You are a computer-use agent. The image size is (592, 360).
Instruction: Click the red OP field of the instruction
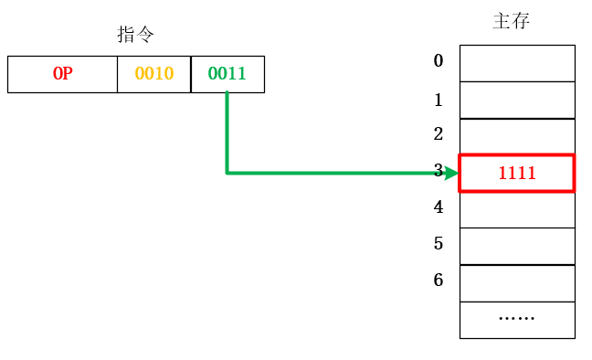click(x=62, y=74)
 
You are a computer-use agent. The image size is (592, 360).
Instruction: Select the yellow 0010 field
click(x=153, y=74)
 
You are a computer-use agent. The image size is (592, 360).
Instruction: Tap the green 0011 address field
click(x=227, y=74)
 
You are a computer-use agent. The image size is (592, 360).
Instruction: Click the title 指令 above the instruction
click(x=135, y=35)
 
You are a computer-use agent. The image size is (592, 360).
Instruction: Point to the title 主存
click(x=511, y=21)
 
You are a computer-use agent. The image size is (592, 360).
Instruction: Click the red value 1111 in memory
click(x=516, y=173)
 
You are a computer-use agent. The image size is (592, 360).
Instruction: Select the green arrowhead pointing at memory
click(x=449, y=173)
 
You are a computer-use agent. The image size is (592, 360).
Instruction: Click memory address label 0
click(x=439, y=61)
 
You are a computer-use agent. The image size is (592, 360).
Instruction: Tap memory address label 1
click(x=439, y=100)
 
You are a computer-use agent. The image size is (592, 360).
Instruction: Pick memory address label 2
click(x=439, y=134)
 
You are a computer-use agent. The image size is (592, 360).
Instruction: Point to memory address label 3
click(x=439, y=171)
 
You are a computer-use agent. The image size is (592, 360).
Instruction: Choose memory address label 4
click(x=439, y=207)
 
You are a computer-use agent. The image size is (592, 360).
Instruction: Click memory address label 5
click(x=439, y=244)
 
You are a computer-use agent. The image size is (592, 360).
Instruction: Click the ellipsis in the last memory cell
click(x=516, y=319)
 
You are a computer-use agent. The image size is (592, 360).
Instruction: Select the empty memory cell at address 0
click(x=517, y=63)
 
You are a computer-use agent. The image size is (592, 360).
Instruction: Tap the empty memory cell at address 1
click(x=517, y=100)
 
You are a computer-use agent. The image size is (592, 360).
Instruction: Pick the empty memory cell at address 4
click(x=517, y=209)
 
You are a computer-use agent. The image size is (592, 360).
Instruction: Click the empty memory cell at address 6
click(x=517, y=283)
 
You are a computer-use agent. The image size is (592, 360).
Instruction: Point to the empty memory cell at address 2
click(x=517, y=136)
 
